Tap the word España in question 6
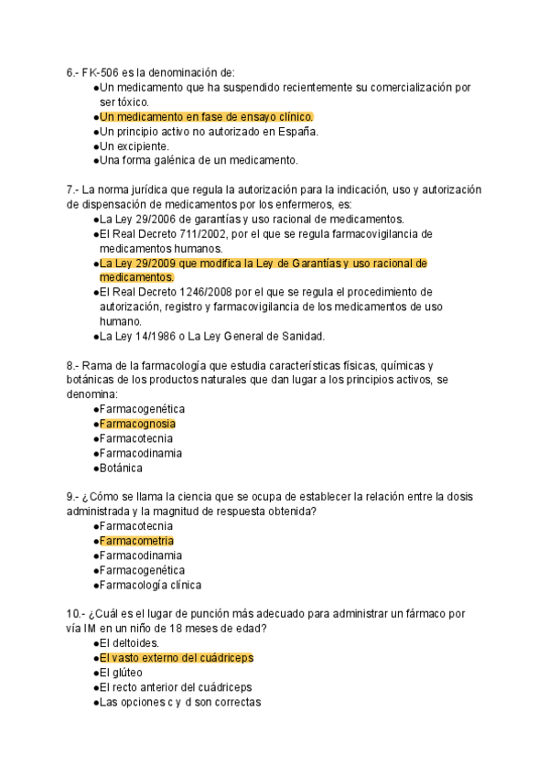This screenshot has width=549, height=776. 295,131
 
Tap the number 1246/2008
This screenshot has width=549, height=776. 206,292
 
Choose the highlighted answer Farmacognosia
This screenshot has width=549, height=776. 137,424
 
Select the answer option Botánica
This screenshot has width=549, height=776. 121,468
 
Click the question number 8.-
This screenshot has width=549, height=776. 72,365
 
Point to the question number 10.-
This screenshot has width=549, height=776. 75,614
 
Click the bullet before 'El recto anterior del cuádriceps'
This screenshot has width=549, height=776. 95,687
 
